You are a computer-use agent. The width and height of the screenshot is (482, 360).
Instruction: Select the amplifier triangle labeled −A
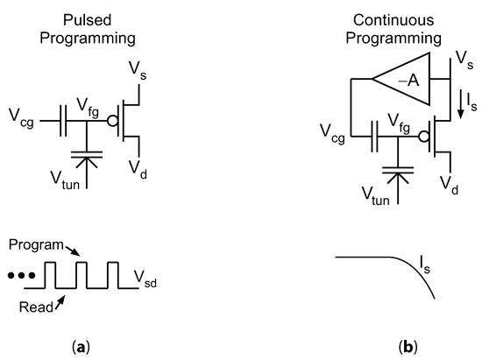point(402,81)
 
